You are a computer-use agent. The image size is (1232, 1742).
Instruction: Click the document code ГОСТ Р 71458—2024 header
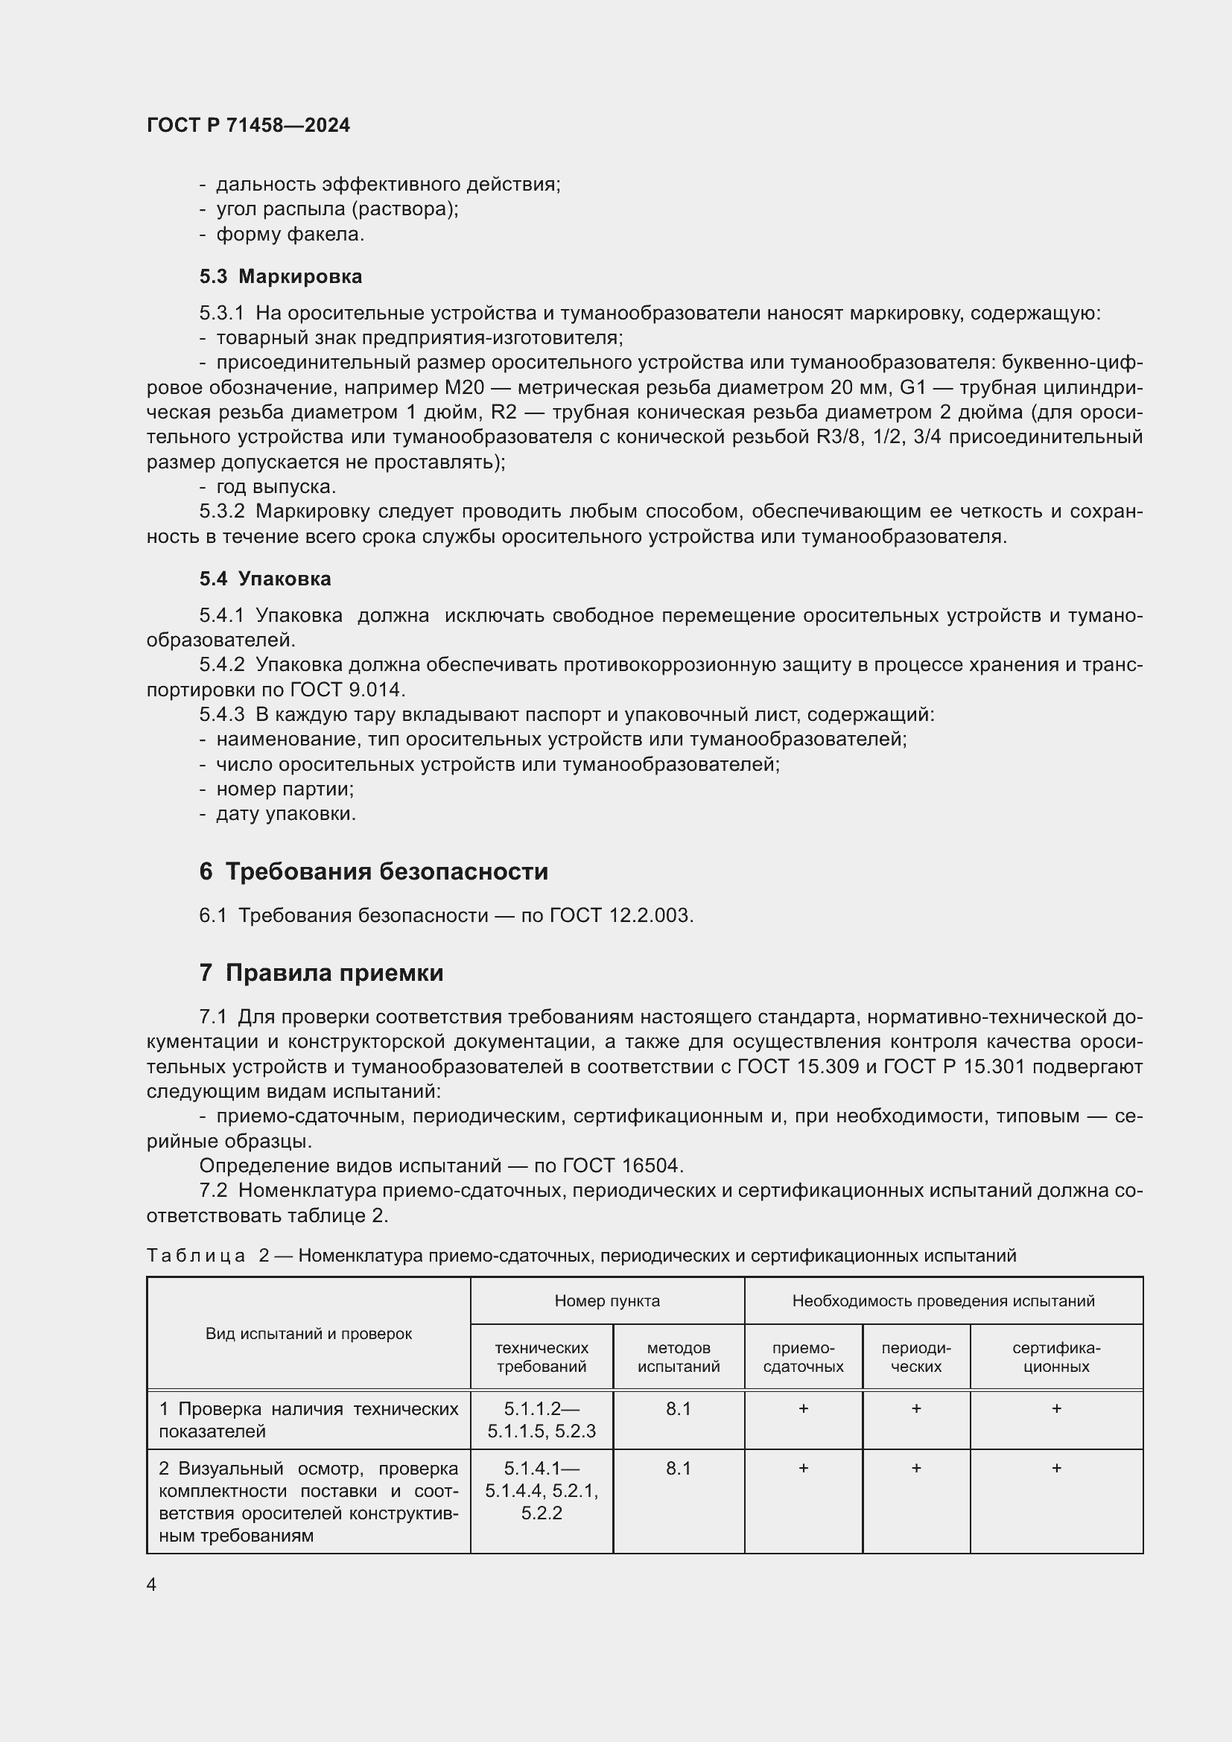click(248, 125)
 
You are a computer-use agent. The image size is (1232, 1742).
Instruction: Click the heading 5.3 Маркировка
click(281, 276)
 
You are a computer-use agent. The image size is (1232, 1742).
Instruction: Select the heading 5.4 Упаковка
click(265, 579)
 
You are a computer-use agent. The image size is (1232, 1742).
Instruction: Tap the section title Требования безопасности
click(386, 871)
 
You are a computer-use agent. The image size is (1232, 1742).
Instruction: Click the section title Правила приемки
click(334, 973)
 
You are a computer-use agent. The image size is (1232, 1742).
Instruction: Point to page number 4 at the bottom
click(152, 1584)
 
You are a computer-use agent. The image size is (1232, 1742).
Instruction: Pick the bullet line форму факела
click(290, 235)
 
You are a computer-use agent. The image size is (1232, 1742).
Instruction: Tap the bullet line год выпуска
click(276, 486)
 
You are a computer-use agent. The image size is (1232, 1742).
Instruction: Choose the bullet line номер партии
click(285, 789)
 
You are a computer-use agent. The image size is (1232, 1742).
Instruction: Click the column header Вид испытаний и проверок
click(308, 1334)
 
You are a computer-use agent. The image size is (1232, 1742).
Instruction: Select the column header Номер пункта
click(607, 1301)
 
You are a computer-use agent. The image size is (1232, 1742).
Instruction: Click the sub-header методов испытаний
click(679, 1358)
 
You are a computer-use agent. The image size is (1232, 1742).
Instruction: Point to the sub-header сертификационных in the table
click(1056, 1358)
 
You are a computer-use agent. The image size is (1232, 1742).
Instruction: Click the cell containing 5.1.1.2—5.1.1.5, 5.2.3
click(542, 1420)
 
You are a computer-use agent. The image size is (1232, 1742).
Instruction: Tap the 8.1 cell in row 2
click(679, 1468)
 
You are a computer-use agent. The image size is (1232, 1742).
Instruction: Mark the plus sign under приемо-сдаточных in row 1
click(804, 1409)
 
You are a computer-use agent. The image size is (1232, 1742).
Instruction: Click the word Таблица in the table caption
click(196, 1256)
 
